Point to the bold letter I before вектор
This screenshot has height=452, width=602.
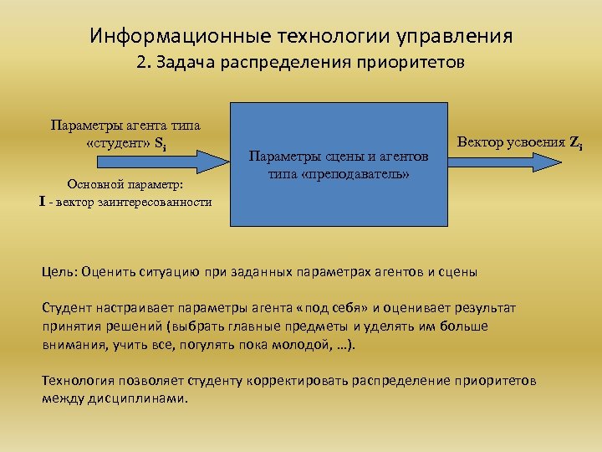pos(42,202)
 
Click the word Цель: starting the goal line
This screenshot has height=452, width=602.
pos(61,271)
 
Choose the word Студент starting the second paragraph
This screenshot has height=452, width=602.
pos(68,308)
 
